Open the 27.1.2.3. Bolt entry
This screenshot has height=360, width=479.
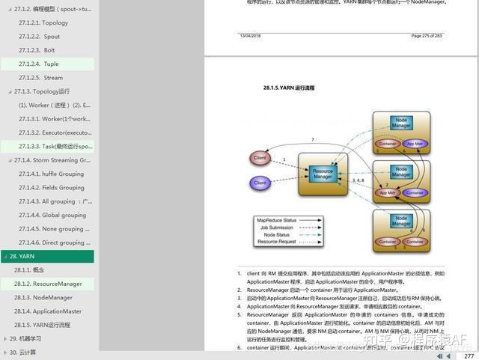point(37,50)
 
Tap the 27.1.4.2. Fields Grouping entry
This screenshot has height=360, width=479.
point(52,188)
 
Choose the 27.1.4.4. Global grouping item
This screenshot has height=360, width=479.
point(52,215)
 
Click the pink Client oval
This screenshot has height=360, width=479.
point(260,159)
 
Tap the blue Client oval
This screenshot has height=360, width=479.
point(260,183)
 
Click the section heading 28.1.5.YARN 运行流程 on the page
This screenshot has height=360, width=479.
point(289,88)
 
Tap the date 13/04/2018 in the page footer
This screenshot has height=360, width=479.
point(250,35)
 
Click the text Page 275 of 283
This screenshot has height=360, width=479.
point(427,35)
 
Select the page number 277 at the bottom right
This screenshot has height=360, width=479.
point(469,356)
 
